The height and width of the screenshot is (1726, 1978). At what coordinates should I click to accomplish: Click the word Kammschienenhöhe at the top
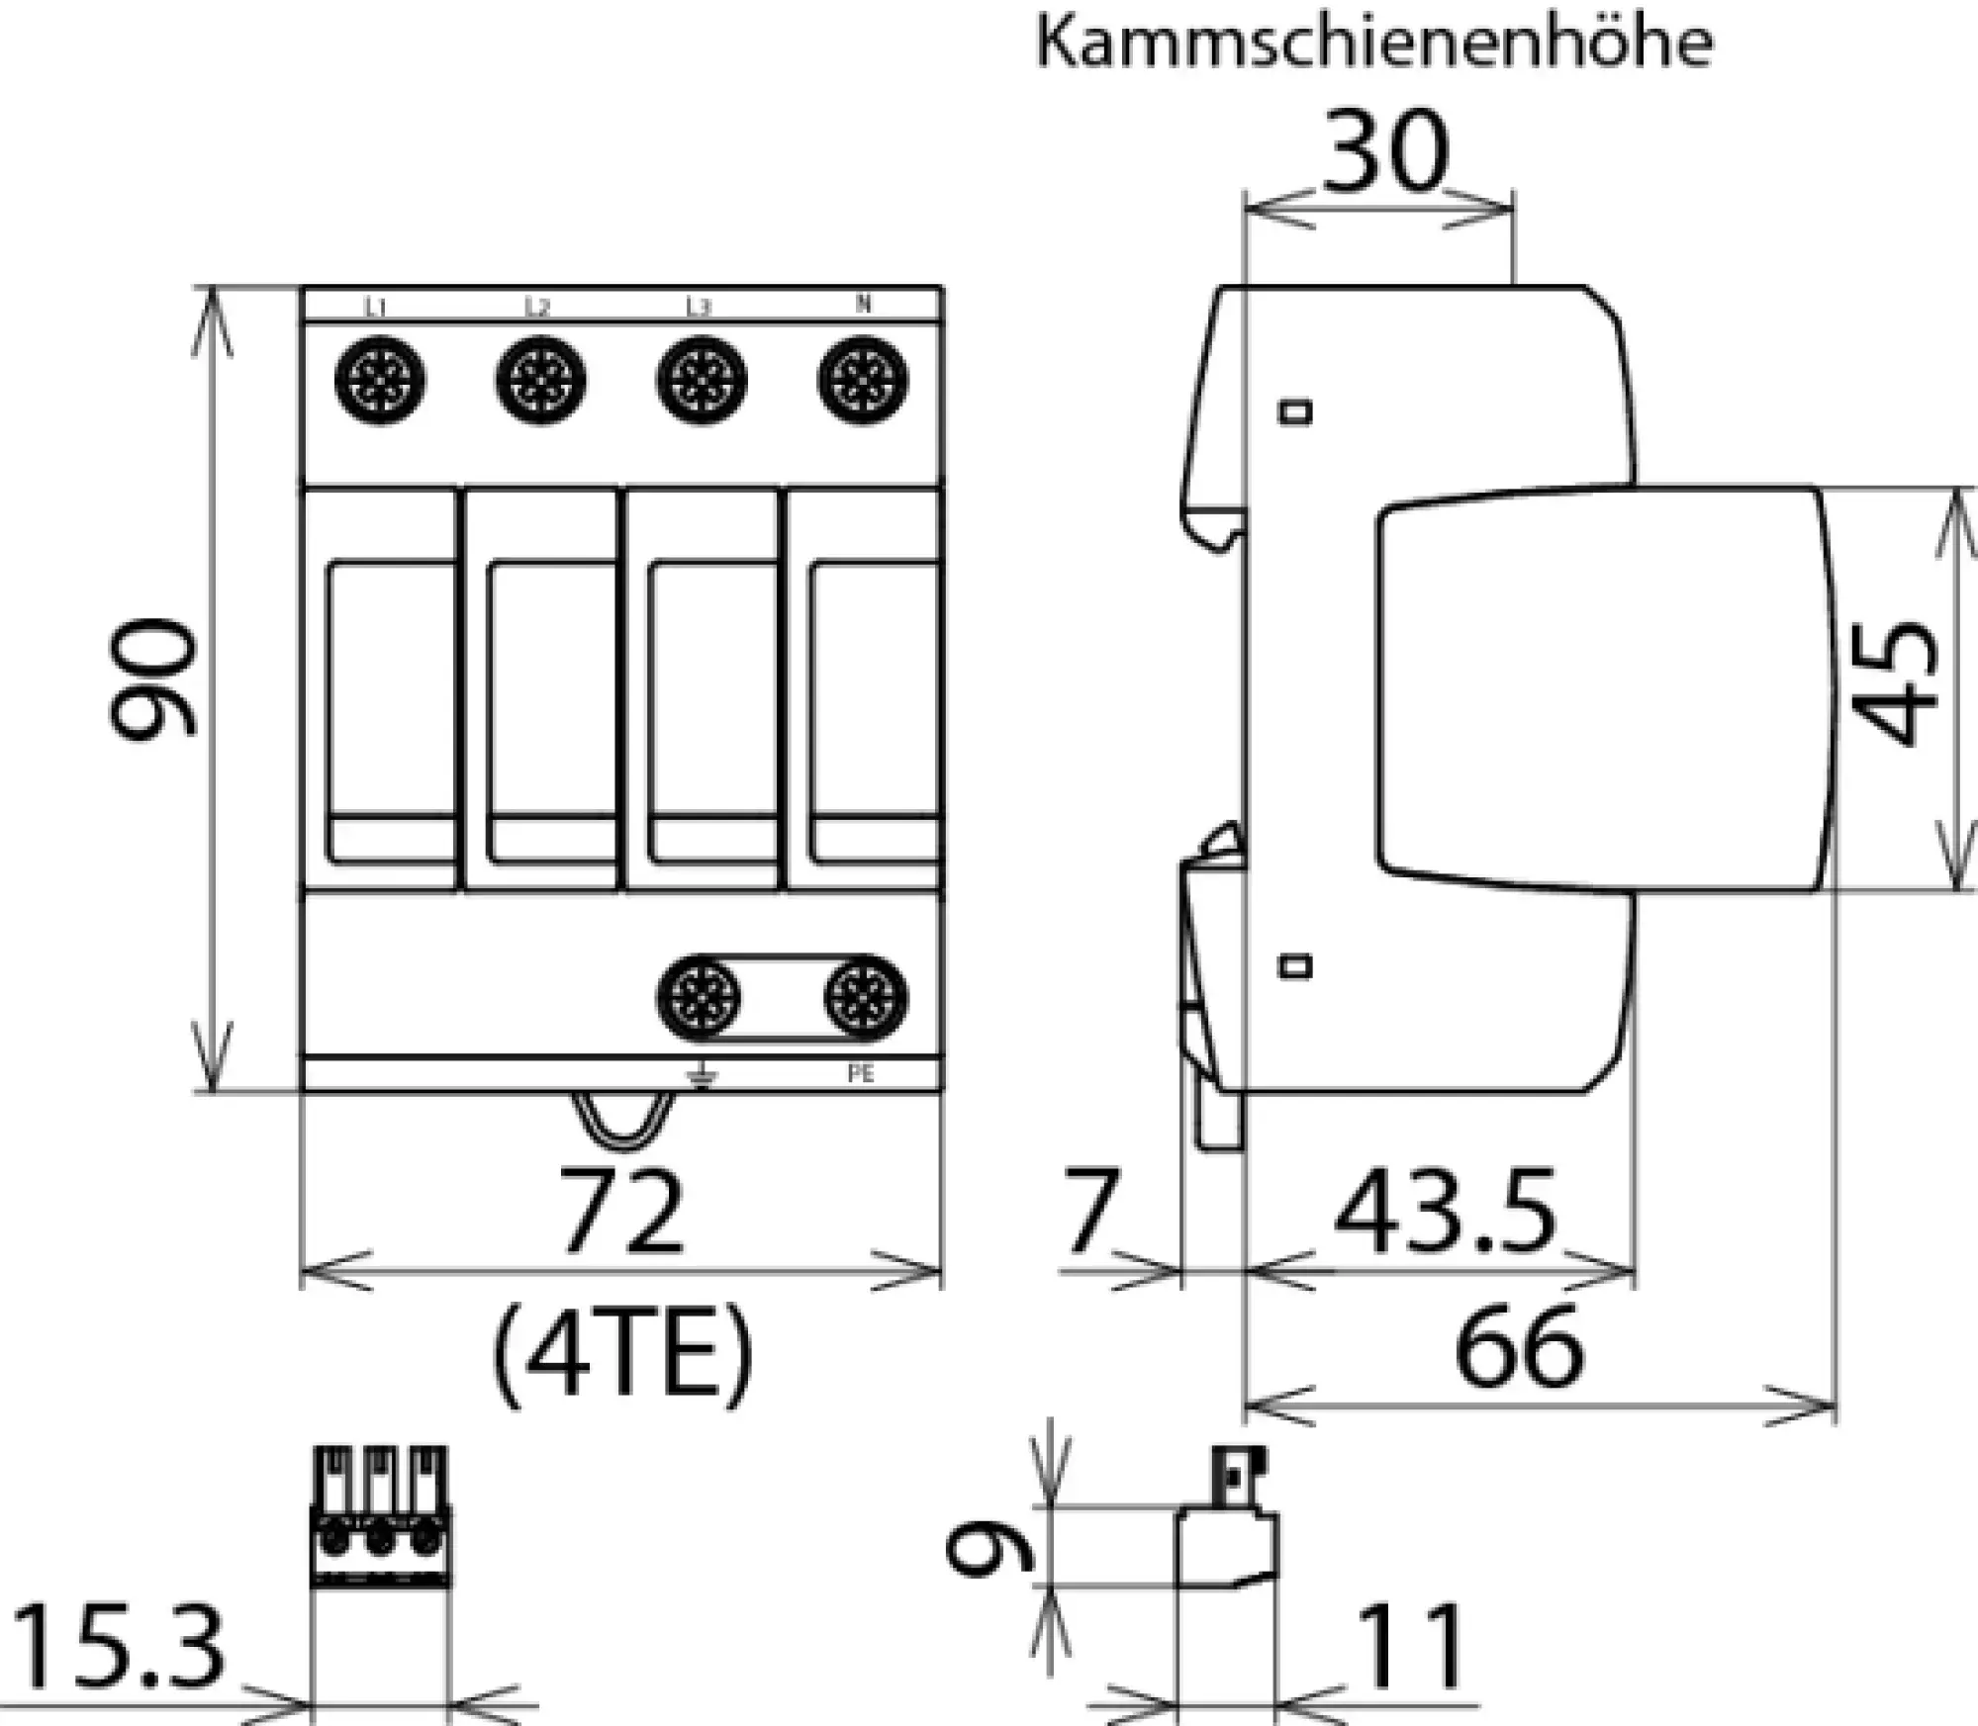pos(1373,44)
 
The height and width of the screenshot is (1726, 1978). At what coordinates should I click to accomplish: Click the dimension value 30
pos(1385,153)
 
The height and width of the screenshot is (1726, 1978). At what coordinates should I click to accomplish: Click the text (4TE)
pos(621,1353)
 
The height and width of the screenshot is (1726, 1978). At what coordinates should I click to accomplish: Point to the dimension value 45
pos(1896,682)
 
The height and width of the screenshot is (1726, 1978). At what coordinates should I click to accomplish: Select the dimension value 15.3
pos(117,1648)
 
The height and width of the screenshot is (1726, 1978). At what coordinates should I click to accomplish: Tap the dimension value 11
pos(1411,1648)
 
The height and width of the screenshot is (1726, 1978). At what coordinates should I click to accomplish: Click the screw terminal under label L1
pos(380,381)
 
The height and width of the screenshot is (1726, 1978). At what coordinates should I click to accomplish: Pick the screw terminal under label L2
pos(540,381)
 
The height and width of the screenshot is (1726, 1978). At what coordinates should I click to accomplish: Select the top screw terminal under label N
pos(862,381)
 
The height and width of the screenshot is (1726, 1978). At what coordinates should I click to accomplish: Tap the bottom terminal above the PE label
pos(865,997)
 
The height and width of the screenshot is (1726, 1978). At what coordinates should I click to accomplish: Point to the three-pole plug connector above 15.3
pos(381,1516)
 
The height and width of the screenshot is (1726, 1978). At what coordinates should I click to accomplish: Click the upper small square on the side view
pos(1295,411)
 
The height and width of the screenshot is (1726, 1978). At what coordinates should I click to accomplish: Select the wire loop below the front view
pos(621,1122)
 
